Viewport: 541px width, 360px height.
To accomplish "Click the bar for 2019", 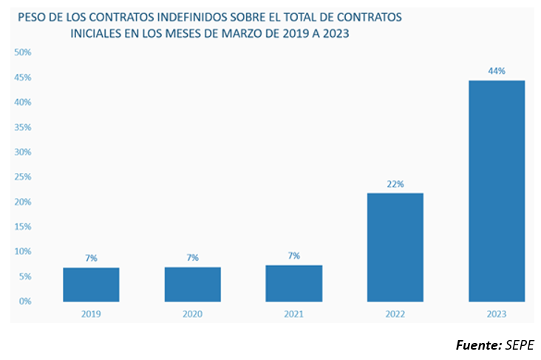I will click(x=91, y=285).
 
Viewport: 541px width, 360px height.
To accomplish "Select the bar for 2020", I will click(x=192, y=285).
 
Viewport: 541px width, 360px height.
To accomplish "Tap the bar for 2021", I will click(x=293, y=283).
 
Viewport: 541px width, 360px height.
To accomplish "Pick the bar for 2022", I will click(x=395, y=247).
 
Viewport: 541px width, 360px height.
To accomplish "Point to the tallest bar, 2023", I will click(x=497, y=191).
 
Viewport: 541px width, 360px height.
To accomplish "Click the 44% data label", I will click(x=497, y=71).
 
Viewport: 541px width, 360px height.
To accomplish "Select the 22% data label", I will click(x=395, y=184).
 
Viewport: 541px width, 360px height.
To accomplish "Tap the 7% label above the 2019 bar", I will click(x=91, y=258).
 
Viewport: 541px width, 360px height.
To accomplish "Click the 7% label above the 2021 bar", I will click(x=293, y=256).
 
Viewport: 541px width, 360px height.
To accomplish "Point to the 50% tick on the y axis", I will click(x=22, y=52).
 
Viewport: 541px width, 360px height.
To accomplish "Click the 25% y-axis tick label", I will click(x=22, y=177).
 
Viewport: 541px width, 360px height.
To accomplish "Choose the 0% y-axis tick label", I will click(x=24, y=302).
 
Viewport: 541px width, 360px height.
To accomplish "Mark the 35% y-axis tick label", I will click(x=22, y=127).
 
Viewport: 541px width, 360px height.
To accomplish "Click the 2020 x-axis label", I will click(x=192, y=313).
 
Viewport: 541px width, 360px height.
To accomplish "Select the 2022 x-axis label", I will click(x=395, y=313).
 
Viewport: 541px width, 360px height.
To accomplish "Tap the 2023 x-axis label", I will click(x=497, y=313).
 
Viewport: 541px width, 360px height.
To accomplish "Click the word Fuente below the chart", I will click(x=477, y=345).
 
